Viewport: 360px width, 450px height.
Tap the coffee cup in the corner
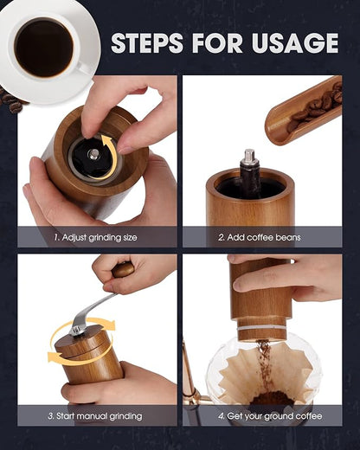pyautogui.click(x=46, y=46)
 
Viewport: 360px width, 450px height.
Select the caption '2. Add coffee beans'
pyautogui.click(x=259, y=236)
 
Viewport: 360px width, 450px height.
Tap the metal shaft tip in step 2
pyautogui.click(x=249, y=157)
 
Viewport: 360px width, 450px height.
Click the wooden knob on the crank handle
pyautogui.click(x=123, y=269)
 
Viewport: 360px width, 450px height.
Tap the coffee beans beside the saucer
pyautogui.click(x=10, y=101)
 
